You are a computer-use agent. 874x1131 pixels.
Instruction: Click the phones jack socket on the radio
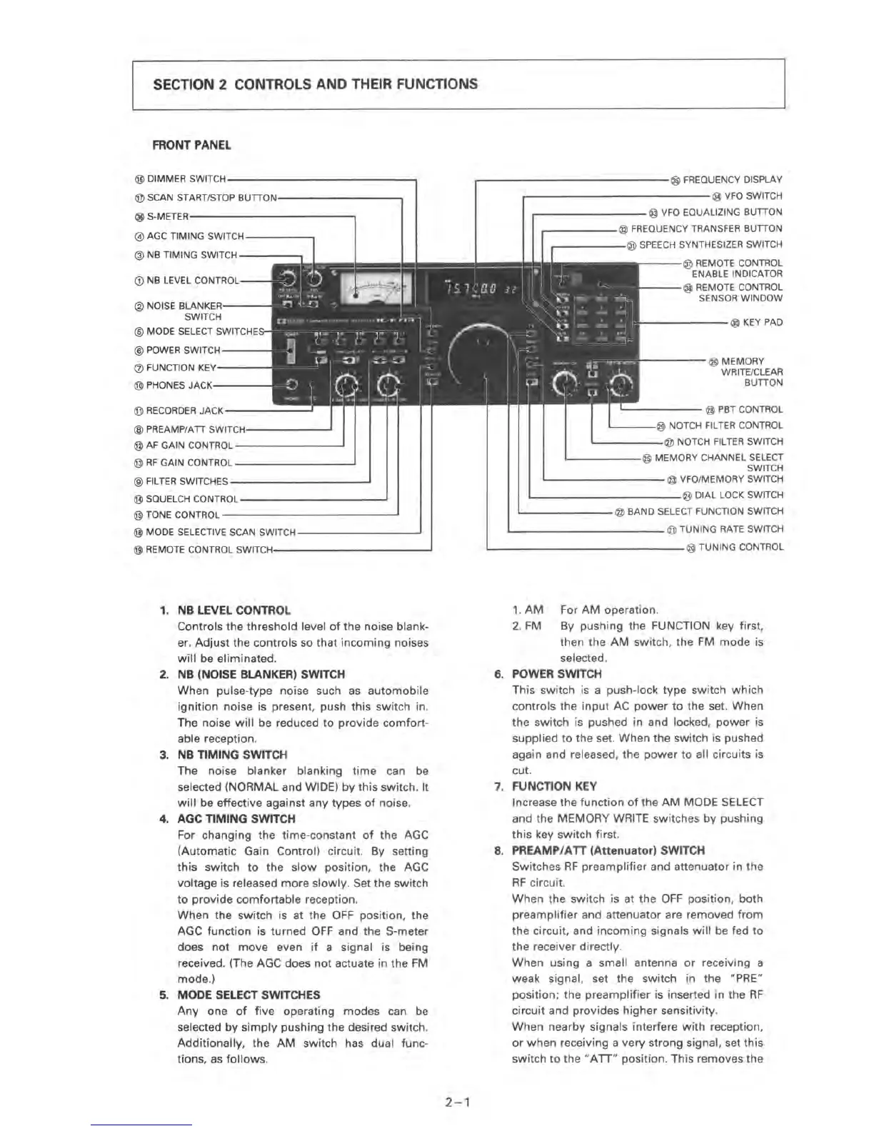(x=290, y=383)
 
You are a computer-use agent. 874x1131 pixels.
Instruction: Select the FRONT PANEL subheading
(x=191, y=146)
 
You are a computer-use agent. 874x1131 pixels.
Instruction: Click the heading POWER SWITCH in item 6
(x=556, y=674)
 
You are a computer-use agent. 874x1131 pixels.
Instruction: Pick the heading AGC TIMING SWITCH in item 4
(x=236, y=819)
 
